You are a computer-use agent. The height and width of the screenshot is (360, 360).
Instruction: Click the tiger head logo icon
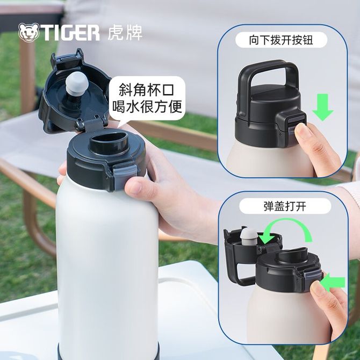[x=28, y=32]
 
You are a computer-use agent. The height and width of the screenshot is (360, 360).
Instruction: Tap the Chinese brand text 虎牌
[x=125, y=32]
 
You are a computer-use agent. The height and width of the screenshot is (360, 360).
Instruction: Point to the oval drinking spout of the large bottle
[x=109, y=143]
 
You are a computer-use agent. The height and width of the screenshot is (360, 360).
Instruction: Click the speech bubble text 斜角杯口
[x=147, y=90]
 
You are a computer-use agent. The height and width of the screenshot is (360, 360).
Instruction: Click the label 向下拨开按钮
[x=281, y=40]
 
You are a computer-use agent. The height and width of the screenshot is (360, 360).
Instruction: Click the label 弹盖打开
[x=285, y=206]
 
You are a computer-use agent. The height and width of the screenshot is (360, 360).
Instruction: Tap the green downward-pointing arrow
[x=322, y=107]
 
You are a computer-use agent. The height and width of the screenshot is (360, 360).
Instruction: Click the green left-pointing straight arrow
[x=333, y=283]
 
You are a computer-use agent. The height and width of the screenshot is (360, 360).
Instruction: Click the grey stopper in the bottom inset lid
[x=249, y=236]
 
